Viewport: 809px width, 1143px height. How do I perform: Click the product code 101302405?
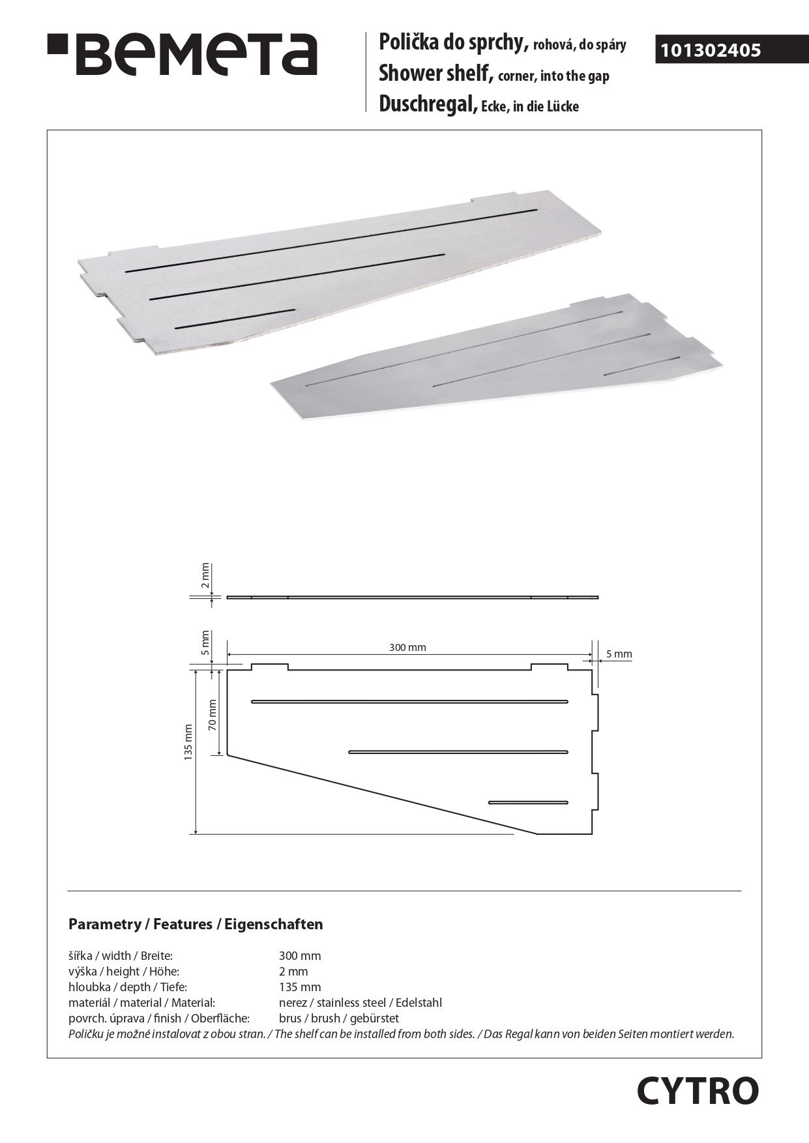(711, 51)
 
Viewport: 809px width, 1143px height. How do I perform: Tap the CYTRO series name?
(698, 1091)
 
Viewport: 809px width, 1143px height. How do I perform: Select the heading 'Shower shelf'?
(434, 74)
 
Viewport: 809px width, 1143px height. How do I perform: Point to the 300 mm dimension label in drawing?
(407, 647)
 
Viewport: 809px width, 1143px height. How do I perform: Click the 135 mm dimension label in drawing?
(188, 742)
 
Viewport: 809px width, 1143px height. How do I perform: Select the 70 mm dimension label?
(212, 715)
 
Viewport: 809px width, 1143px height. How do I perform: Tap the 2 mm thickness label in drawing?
(205, 575)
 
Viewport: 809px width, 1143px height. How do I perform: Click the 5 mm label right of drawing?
(619, 654)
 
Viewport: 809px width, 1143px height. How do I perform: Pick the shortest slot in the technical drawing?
(528, 802)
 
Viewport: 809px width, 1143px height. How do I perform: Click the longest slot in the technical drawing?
(409, 702)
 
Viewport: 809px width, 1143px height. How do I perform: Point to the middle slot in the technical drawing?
(458, 752)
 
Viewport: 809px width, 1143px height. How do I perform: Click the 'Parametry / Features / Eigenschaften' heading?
(196, 924)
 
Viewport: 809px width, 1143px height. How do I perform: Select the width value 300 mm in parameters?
(300, 956)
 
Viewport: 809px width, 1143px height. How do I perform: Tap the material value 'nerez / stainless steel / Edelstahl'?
(360, 1003)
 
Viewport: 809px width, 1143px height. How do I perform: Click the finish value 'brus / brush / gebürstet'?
(338, 1019)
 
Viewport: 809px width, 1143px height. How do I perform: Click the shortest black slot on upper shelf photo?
(235, 318)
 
